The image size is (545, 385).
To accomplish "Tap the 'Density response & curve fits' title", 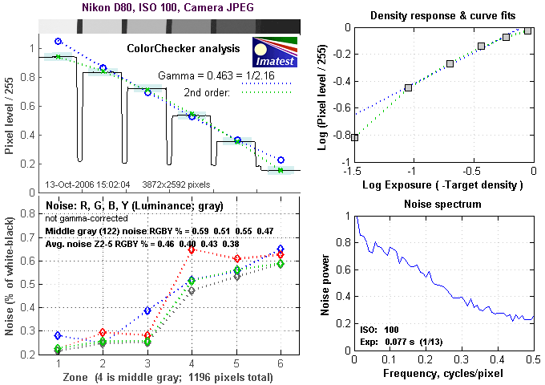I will tap(444, 16).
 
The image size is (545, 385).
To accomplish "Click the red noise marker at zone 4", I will tap(192, 250).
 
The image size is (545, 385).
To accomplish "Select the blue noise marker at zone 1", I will tap(57, 335).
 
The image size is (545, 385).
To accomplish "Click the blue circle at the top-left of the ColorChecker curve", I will tap(58, 41).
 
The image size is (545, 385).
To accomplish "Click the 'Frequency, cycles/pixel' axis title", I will tap(444, 375).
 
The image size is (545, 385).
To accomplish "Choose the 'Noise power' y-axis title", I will tap(326, 285).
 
